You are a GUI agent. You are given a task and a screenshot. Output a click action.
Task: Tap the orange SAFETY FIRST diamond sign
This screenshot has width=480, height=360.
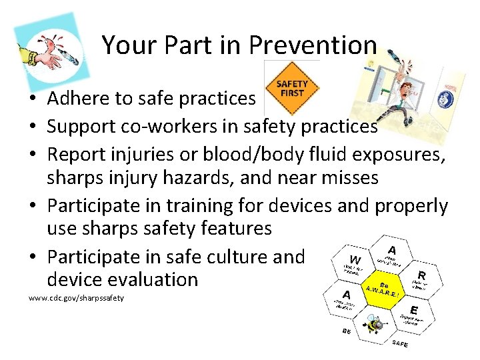(292, 88)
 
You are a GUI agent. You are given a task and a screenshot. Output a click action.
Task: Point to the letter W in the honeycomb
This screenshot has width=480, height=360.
(355, 259)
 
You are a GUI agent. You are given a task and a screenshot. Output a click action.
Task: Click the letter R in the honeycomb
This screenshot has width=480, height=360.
(421, 274)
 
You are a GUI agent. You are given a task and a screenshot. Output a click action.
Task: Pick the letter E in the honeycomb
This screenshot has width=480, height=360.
(414, 309)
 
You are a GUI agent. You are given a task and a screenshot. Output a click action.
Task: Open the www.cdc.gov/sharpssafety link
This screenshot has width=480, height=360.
(76, 297)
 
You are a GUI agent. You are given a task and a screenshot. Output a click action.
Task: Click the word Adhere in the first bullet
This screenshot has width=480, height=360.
(79, 99)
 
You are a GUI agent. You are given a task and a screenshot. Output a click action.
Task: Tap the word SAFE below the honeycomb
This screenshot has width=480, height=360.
(400, 343)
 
